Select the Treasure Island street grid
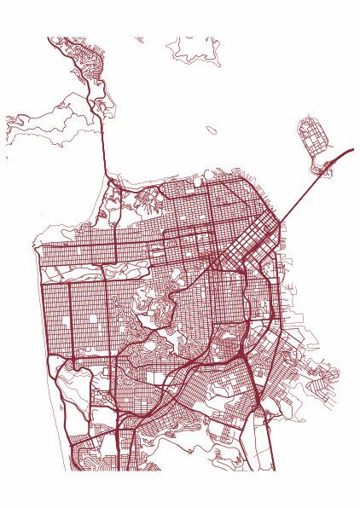311,136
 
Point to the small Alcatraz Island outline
211,130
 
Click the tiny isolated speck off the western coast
7,158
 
